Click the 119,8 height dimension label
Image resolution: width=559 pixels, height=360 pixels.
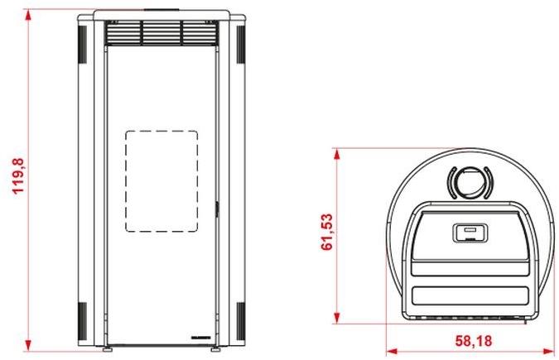[x=18, y=175]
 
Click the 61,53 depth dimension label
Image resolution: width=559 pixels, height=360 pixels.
[x=326, y=232]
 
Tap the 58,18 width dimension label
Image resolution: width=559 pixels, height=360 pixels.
[x=474, y=341]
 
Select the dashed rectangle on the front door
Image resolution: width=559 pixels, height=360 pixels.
[x=161, y=181]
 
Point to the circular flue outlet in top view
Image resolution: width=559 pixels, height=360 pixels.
[x=470, y=183]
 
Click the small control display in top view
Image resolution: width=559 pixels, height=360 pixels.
[x=470, y=233]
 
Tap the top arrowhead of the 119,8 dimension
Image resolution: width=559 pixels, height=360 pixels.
[x=28, y=15]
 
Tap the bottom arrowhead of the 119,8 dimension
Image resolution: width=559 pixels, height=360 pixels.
[x=28, y=346]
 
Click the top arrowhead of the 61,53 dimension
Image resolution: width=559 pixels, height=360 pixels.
[x=337, y=154]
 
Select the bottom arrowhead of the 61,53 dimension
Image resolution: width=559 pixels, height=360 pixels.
[x=337, y=319]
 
